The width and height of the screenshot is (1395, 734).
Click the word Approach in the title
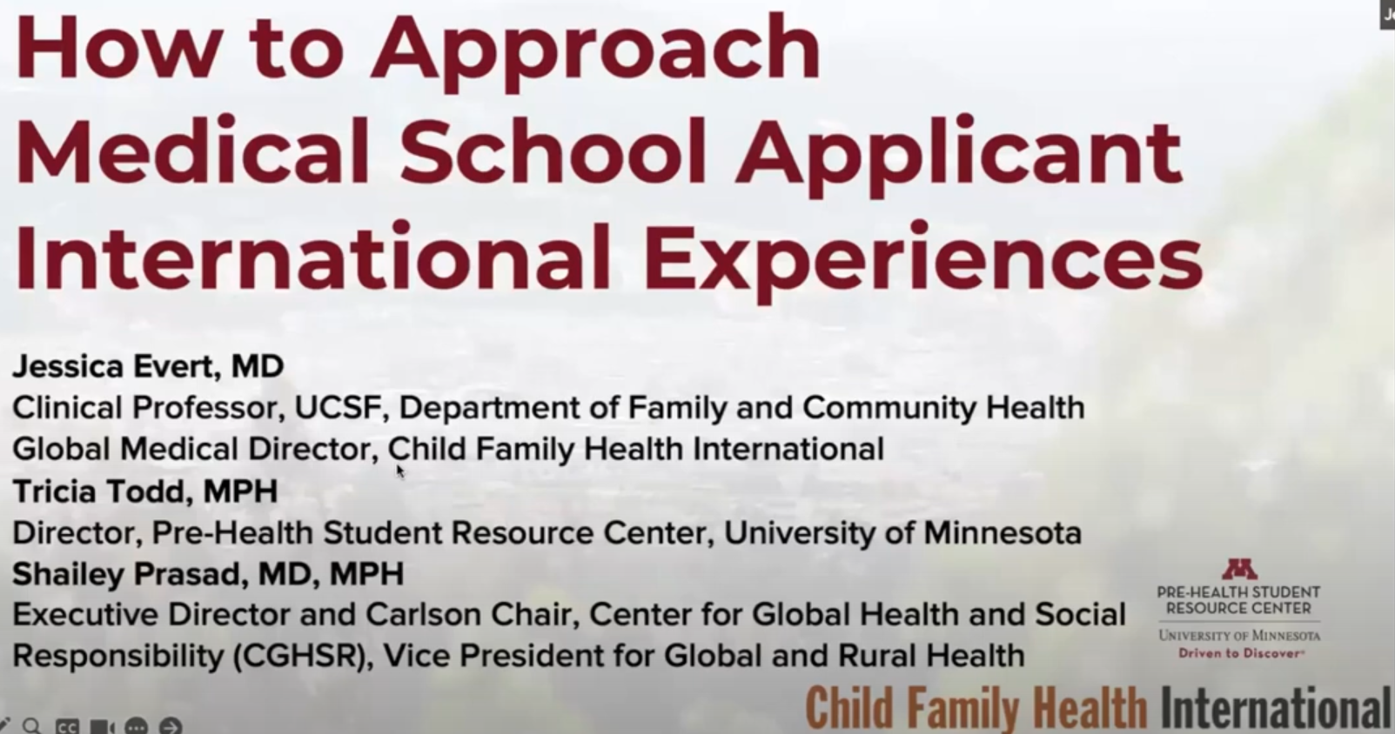[x=595, y=53]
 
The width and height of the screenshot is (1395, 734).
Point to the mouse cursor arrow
[x=400, y=471]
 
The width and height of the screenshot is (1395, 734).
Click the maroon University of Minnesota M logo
[x=1239, y=569]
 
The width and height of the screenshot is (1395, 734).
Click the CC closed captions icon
[x=67, y=726]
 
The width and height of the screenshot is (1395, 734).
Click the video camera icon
[x=102, y=726]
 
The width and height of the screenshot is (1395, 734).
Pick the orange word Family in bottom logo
[x=962, y=709]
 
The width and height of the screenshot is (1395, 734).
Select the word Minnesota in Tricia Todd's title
[x=1002, y=533]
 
